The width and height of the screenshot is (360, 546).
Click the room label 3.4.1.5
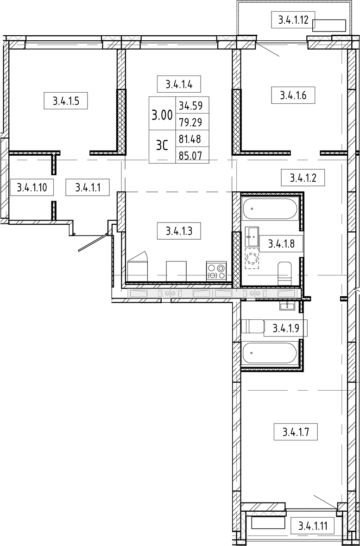65,102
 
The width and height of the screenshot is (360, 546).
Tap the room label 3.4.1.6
293,95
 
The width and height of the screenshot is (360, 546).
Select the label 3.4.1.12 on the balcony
293,20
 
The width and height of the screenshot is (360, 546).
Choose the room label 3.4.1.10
32,187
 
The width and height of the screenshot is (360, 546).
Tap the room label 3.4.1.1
88,187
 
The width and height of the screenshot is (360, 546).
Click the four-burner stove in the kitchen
216,271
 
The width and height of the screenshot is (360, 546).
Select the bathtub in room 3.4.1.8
270,209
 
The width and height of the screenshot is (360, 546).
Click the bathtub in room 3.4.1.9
270,353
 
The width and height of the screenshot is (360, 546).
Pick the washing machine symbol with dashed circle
253,259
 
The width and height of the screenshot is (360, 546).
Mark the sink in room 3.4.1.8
253,237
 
